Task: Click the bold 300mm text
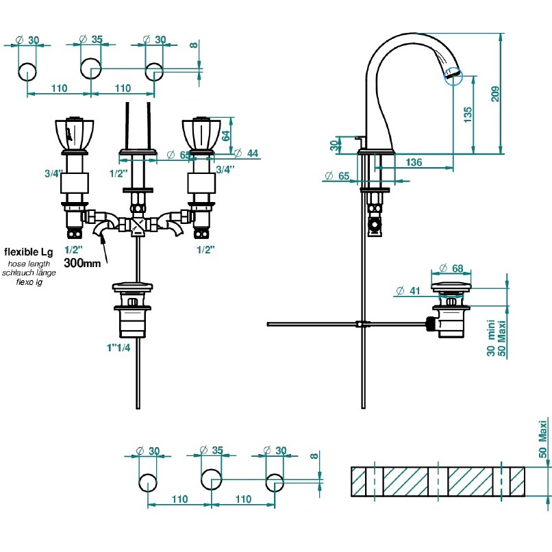(82, 262)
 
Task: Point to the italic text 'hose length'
(29, 264)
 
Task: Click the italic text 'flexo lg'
(29, 281)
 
